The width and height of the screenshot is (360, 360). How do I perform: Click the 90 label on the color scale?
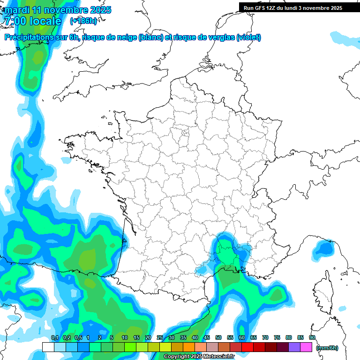[x=312, y=337]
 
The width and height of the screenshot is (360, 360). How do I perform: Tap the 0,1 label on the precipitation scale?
[x=54, y=337]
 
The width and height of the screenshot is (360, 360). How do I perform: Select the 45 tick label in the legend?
[x=207, y=337]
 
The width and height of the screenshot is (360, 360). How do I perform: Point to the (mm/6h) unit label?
[x=327, y=348]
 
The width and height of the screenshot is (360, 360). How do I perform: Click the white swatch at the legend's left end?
[x=48, y=347]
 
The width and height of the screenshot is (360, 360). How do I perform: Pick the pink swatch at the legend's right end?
[x=306, y=347]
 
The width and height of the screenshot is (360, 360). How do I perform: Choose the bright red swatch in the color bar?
[x=247, y=347]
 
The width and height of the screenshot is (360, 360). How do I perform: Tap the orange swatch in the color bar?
[x=189, y=347]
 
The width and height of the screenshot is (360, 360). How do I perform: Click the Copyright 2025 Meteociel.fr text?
[x=199, y=357]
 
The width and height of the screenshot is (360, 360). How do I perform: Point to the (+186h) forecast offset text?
[x=83, y=21]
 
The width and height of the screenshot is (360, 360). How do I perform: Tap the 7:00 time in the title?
[x=14, y=21]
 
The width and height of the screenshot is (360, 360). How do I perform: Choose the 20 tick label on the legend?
[x=148, y=337]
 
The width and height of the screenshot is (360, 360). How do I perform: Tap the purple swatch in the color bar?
[x=294, y=347]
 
